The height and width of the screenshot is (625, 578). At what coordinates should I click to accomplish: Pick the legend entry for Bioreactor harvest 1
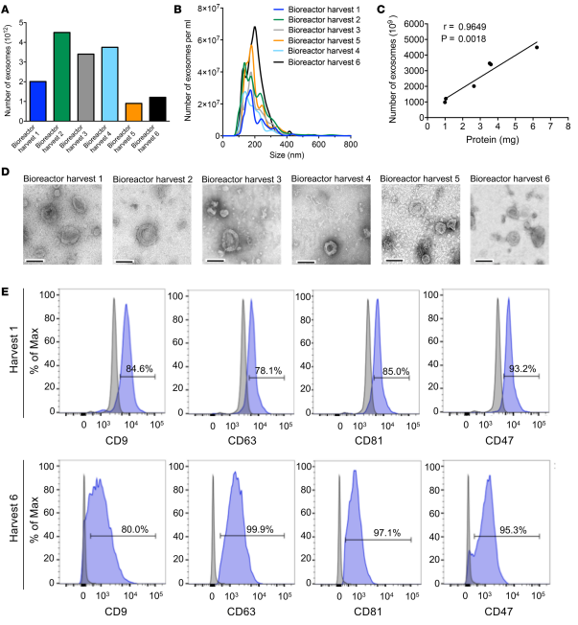[325, 12]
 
